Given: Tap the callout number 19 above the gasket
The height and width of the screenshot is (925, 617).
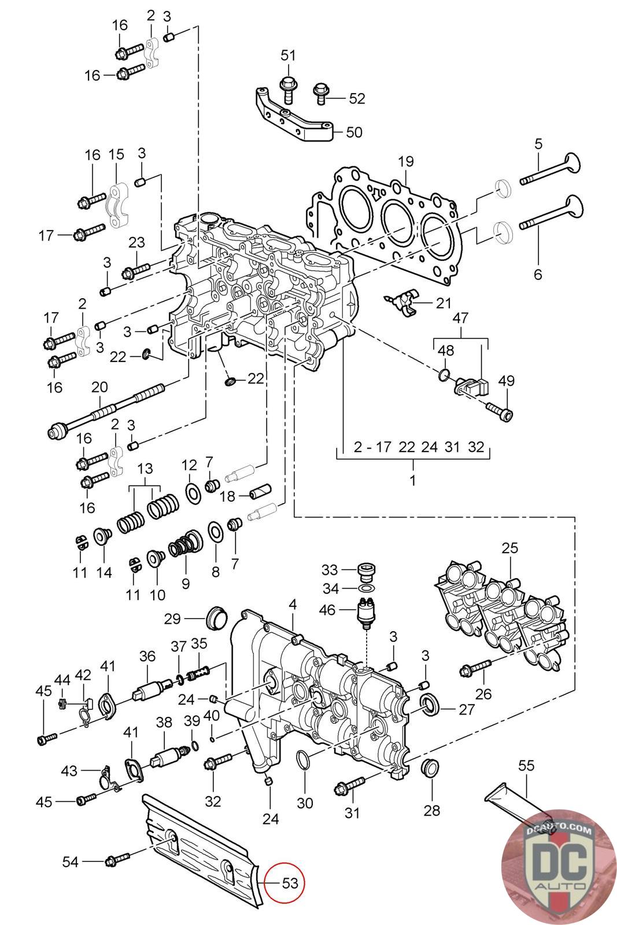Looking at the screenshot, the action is pos(405,161).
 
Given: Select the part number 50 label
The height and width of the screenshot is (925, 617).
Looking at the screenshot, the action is pos(354,132).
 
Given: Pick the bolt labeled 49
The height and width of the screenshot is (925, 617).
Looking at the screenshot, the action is pos(500,411).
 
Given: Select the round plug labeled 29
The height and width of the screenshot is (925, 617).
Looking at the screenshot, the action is pos(216,619).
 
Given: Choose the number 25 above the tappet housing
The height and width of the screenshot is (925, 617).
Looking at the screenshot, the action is pos(509,548).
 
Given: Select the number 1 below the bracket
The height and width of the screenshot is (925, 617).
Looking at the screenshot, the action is pos(412,480).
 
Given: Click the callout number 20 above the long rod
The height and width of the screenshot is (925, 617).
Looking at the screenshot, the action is pos(99,387).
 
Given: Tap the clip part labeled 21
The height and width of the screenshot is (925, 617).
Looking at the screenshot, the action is pos(402,303).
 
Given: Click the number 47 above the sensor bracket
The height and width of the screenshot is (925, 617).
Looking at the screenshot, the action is pos(460,317).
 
